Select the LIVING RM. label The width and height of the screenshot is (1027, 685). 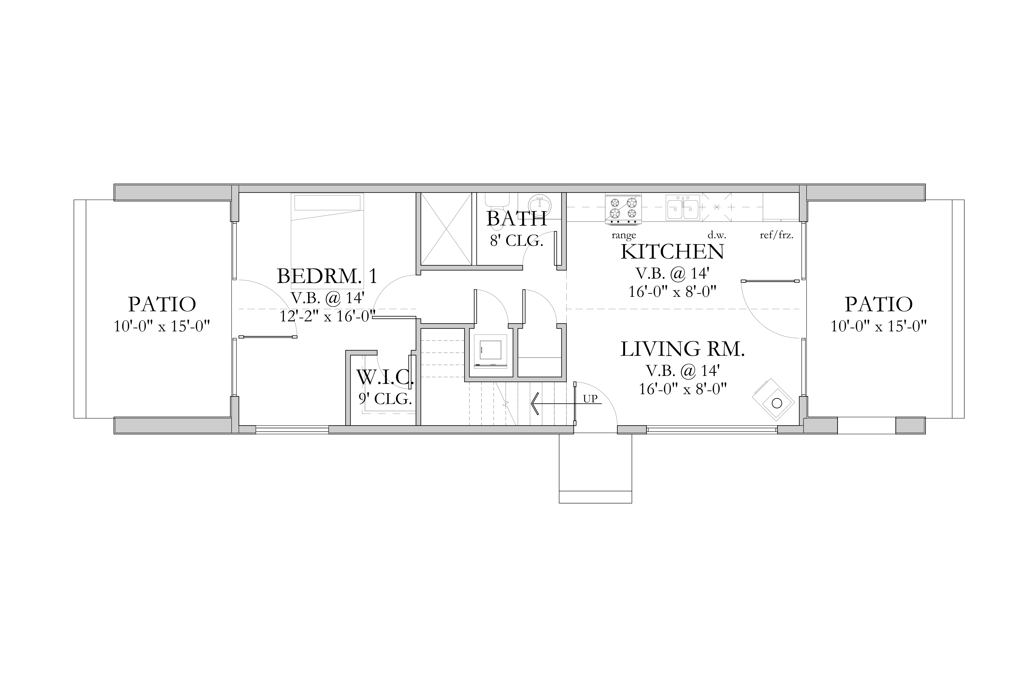tap(683, 349)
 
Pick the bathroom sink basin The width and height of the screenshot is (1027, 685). tap(540, 205)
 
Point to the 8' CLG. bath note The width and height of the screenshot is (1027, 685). tap(516, 241)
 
